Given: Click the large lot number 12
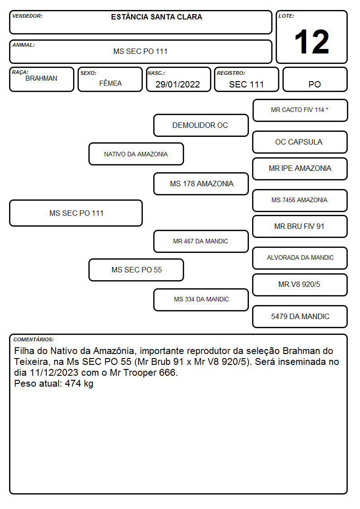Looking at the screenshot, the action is [311, 42].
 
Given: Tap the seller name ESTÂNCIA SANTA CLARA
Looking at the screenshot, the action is [156, 17].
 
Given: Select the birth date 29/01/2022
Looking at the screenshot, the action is [178, 84].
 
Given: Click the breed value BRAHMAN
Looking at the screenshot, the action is [41, 78].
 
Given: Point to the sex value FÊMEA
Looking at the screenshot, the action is [110, 83].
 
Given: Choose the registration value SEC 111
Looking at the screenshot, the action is [246, 84].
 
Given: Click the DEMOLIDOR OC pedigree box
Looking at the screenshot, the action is [201, 125].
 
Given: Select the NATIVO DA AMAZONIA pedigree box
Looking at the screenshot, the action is [136, 154].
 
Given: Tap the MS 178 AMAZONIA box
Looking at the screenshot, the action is [201, 184].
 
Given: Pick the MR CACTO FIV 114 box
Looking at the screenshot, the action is [300, 111].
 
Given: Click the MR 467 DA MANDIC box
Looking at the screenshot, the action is [201, 241].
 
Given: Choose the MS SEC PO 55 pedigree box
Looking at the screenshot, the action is [136, 270].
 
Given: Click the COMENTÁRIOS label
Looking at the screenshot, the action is [34, 339].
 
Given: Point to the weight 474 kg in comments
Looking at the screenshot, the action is [79, 384].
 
